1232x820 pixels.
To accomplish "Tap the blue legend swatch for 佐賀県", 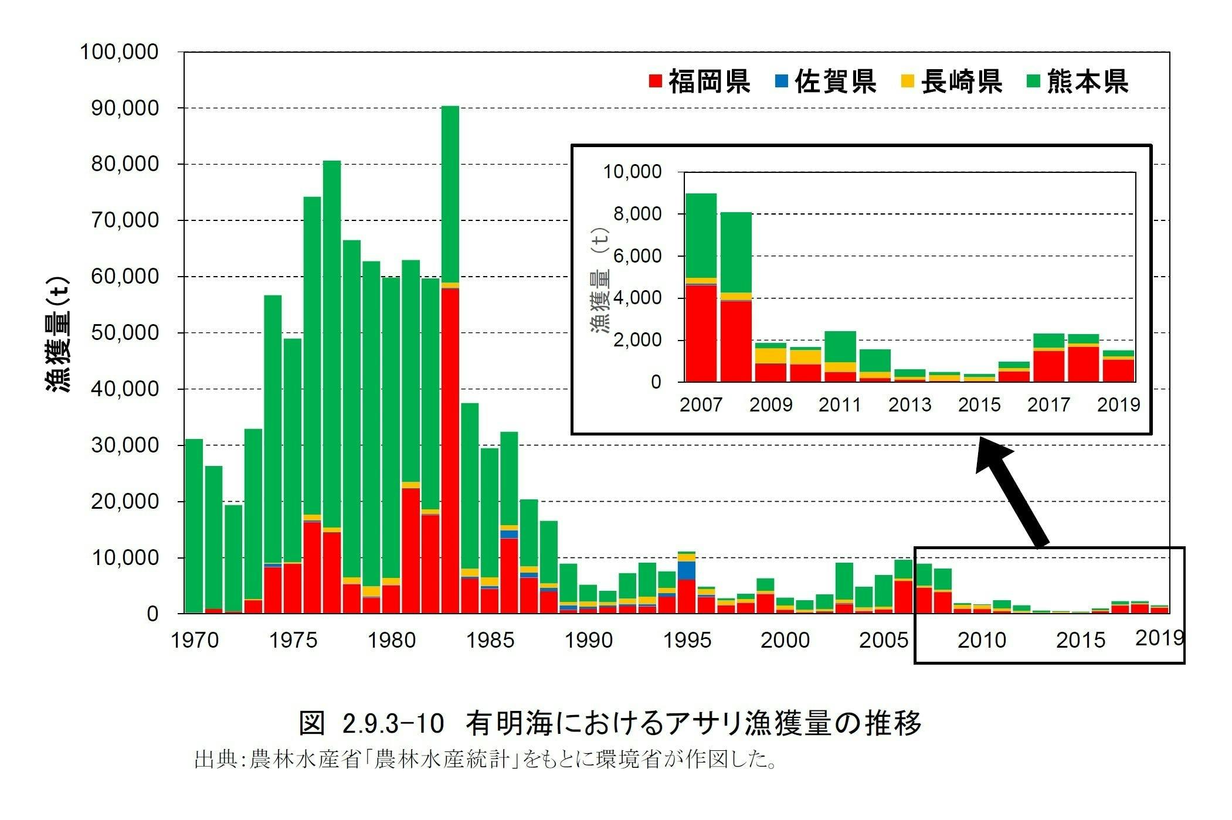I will tap(780, 81).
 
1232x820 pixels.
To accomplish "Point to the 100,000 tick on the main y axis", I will tap(119, 52).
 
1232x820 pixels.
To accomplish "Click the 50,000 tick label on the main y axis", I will tap(124, 332).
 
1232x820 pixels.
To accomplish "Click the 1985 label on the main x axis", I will tap(490, 640).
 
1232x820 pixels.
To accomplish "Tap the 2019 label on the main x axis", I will tap(1159, 638).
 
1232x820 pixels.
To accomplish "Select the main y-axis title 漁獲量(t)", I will tap(59, 334).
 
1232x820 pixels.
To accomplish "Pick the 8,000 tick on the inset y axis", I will tap(637, 214).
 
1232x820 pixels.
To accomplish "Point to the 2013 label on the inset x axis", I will tap(909, 405).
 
